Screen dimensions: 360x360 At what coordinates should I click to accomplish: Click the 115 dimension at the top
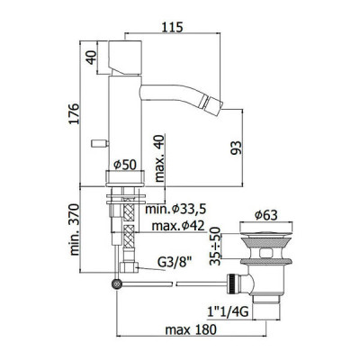tap(172, 27)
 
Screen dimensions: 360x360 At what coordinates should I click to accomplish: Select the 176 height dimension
tap(73, 113)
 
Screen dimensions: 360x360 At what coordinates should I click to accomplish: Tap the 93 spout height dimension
tap(236, 148)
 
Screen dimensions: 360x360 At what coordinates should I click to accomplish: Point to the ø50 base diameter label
tap(125, 165)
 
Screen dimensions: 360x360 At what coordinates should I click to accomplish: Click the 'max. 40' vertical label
tap(159, 158)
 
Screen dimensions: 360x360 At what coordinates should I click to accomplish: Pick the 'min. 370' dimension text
tap(74, 229)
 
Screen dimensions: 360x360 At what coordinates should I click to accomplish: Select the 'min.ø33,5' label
tap(175, 209)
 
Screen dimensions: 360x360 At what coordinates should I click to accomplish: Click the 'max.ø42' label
tap(178, 226)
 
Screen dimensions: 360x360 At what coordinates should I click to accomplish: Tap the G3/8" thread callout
tap(175, 263)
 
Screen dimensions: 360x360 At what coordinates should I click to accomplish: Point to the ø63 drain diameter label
tap(266, 215)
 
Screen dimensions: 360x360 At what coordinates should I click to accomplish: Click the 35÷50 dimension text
tap(215, 246)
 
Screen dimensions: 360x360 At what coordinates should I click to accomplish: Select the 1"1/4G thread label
tap(229, 312)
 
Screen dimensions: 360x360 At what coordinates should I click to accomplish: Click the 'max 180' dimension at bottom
tap(191, 330)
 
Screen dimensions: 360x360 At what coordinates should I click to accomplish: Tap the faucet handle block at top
tap(125, 57)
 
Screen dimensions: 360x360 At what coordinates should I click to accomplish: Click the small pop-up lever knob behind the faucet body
tap(100, 143)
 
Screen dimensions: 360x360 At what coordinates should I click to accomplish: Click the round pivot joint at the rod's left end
tap(116, 283)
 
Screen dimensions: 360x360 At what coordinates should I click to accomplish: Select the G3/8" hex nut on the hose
tap(129, 267)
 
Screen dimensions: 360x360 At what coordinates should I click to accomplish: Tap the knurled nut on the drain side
tap(231, 283)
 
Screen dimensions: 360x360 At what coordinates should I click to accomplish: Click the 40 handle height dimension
tap(91, 57)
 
